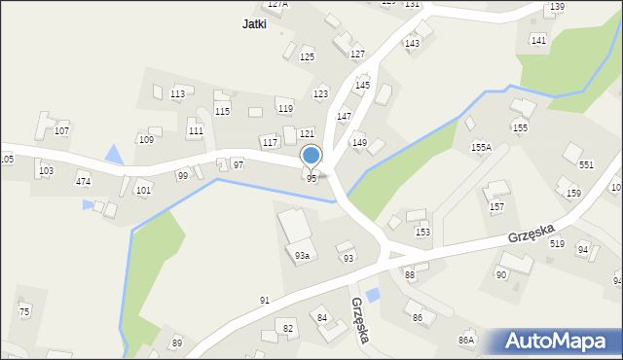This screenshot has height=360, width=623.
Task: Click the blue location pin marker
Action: pyautogui.click(x=311, y=156)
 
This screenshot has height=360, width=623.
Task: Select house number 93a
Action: pyautogui.click(x=303, y=256)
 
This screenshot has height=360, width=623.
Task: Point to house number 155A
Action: pyautogui.click(x=481, y=147)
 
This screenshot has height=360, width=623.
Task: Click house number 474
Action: pyautogui.click(x=84, y=182)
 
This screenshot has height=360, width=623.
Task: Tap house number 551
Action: pyautogui.click(x=586, y=165)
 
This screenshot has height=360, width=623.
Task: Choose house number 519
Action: pyautogui.click(x=556, y=243)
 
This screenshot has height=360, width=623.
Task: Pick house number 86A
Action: pyautogui.click(x=466, y=340)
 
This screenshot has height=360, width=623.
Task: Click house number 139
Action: pyautogui.click(x=557, y=7)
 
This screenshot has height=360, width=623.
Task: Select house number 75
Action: pyautogui.click(x=24, y=310)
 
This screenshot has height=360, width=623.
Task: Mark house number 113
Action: pyautogui.click(x=177, y=94)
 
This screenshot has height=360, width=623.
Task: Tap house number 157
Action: pyautogui.click(x=496, y=207)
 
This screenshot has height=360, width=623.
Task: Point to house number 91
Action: pyautogui.click(x=264, y=300)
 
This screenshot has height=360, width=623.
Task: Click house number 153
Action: pyautogui.click(x=422, y=232)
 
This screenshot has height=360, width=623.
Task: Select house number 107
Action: pyautogui.click(x=61, y=130)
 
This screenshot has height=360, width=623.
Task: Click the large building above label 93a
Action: pyautogui.click(x=296, y=226)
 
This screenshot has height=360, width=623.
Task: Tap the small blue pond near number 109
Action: pyautogui.click(x=115, y=154)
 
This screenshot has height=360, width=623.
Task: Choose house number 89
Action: pyautogui.click(x=176, y=342)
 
